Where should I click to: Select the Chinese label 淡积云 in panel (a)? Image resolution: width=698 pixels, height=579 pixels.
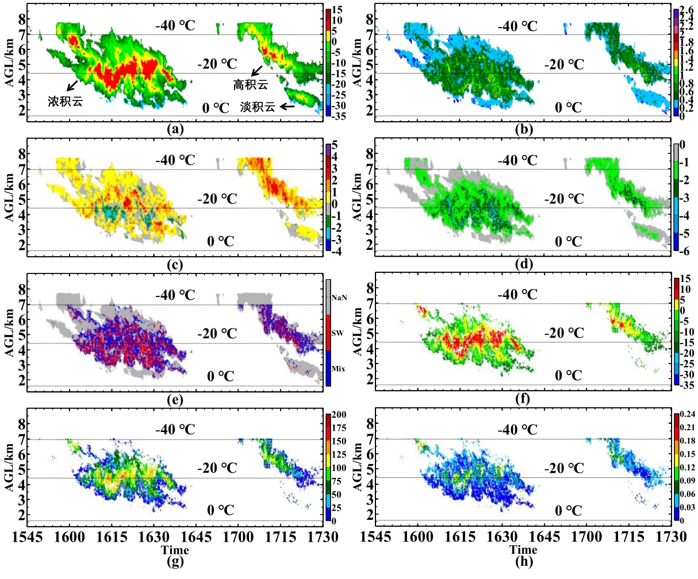[258, 107]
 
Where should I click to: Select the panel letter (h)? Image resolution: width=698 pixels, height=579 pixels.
[524, 561]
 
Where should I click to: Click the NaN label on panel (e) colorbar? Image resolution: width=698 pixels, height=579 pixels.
[340, 298]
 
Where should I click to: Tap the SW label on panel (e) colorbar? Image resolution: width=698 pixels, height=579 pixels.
[339, 333]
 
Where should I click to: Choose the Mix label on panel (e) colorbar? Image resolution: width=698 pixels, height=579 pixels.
[340, 369]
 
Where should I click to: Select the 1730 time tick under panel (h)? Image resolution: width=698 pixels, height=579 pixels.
[672, 537]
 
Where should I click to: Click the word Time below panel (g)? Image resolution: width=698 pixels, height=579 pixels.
[175, 550]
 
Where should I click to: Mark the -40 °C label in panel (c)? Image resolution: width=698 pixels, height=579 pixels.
[175, 160]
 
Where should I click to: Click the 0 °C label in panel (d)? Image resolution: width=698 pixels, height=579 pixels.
[568, 241]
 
